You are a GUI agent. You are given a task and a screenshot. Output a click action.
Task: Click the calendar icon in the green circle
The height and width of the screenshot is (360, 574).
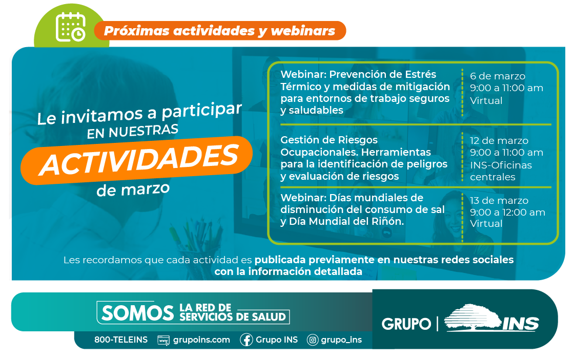point(71,27)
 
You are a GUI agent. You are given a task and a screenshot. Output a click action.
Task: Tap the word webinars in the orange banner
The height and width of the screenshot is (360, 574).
point(303,31)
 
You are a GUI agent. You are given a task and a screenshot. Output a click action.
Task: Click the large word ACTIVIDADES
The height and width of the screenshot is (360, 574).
point(139,159)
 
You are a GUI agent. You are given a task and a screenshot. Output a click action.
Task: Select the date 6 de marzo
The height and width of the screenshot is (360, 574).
point(498,76)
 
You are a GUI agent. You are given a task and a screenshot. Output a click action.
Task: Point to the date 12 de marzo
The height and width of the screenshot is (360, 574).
point(499,140)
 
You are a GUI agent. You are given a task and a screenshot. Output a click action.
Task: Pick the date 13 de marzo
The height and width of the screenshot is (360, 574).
point(499,201)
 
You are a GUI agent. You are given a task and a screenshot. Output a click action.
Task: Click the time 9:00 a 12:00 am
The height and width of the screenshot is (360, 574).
point(507,212)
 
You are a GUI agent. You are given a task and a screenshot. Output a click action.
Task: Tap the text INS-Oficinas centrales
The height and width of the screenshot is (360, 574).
point(501,171)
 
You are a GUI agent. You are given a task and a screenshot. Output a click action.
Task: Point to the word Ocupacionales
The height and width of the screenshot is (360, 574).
point(318,152)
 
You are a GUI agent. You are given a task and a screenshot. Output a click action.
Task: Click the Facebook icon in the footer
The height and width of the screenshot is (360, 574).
point(247,340)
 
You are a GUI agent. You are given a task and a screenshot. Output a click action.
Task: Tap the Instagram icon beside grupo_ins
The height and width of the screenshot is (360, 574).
point(312,340)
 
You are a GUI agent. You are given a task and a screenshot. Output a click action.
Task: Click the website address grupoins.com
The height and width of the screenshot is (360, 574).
point(201,340)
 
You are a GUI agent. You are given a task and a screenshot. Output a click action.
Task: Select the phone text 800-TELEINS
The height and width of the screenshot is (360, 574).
point(121,340)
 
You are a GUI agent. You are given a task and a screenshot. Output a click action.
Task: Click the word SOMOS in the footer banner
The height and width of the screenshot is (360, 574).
point(138,313)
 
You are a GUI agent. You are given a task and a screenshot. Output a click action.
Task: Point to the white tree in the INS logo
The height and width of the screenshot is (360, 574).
point(472,317)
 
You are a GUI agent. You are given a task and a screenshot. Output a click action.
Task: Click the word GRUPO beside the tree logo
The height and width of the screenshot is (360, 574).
point(406,324)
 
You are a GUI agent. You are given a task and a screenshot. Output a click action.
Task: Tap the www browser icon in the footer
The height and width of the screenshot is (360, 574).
point(163,340)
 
